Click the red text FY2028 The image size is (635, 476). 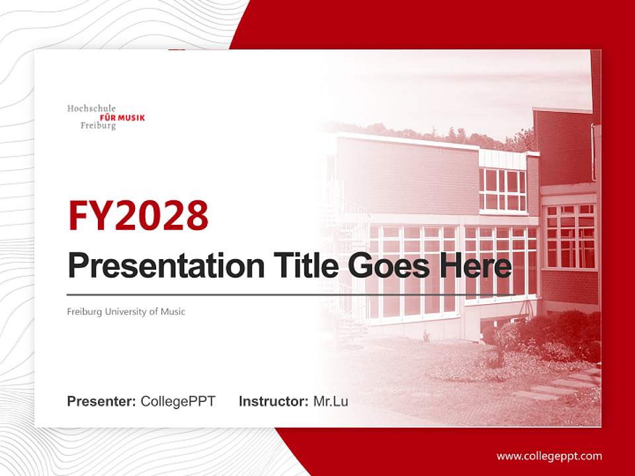(138, 215)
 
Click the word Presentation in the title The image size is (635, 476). (157, 266)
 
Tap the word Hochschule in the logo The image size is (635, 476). (91, 108)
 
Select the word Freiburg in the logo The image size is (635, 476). (98, 126)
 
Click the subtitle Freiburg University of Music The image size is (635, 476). (126, 311)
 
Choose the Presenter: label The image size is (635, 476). (102, 401)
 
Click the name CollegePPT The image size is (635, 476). (178, 401)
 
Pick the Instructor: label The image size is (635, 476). (274, 401)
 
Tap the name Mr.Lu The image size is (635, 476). (331, 401)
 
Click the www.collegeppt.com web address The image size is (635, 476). (549, 456)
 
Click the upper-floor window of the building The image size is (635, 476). (503, 190)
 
